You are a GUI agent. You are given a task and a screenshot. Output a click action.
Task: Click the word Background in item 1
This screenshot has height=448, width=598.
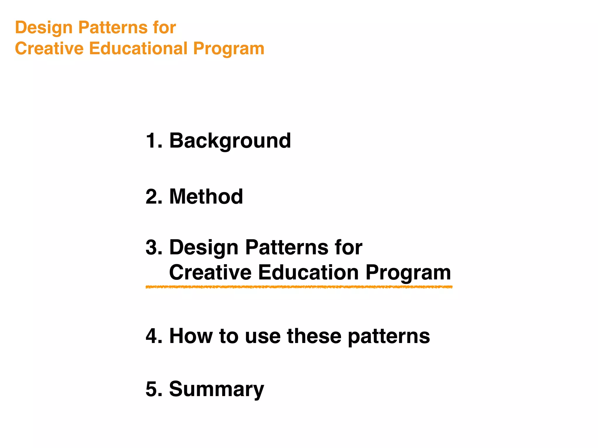tap(230, 141)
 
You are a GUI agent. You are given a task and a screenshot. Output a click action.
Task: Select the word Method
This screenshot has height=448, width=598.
tap(206, 197)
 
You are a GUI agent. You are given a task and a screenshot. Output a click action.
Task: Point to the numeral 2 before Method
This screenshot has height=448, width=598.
tap(153, 197)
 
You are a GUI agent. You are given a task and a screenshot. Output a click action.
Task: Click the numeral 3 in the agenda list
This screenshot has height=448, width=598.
tap(153, 247)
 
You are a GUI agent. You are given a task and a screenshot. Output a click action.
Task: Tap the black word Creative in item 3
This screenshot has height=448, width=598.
tap(210, 272)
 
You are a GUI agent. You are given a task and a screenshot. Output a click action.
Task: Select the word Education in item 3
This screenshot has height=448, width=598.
tap(308, 272)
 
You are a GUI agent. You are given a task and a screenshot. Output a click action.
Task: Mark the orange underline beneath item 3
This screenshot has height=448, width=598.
tap(299, 287)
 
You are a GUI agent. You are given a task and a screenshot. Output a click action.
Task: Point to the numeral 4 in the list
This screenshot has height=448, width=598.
tap(153, 336)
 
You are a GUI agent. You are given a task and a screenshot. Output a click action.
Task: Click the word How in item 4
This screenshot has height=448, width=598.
tap(191, 336)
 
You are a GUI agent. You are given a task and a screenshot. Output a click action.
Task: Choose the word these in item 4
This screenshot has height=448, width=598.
tap(314, 336)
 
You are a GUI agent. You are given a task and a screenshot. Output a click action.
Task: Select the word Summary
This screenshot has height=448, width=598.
tap(216, 390)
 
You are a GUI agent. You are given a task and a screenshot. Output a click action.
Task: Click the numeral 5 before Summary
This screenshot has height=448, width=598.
tap(153, 389)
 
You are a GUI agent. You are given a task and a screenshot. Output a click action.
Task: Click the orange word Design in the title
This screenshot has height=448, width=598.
tap(44, 28)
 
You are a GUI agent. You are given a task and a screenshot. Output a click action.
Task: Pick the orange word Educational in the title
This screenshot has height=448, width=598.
tap(138, 48)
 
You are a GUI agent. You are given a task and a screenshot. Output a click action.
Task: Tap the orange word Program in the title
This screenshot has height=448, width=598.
tap(229, 49)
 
